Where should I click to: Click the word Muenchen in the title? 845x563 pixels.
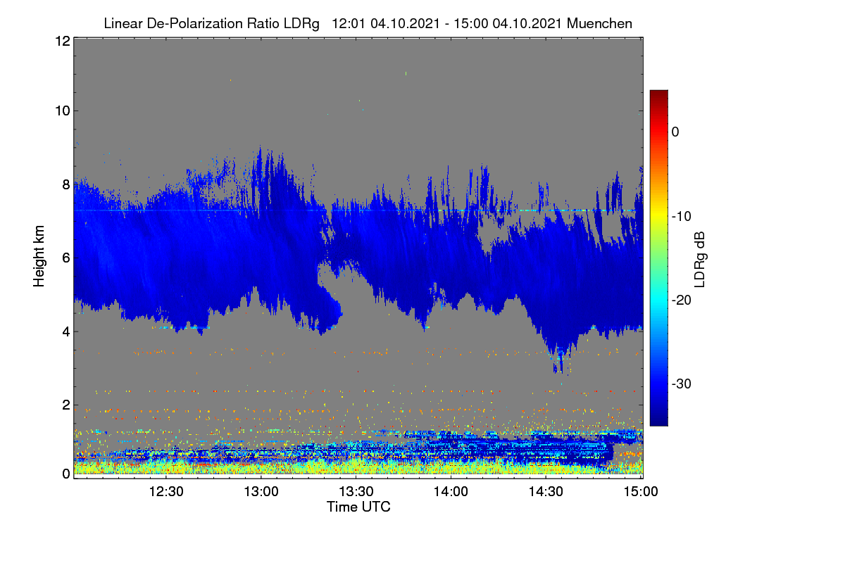[599, 23]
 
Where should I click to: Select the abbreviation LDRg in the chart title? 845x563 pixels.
[301, 24]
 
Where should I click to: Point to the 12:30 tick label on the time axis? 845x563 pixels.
[166, 491]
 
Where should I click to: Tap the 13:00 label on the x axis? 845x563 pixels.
[261, 491]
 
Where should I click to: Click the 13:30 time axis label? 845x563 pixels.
[356, 491]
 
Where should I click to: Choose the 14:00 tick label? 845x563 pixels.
[451, 491]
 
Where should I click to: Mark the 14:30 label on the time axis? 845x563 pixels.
[546, 491]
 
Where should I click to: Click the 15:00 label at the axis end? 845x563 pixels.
[641, 491]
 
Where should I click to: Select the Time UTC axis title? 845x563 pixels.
[358, 507]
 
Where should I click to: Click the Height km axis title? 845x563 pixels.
[39, 256]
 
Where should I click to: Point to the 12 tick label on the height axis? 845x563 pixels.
[63, 41]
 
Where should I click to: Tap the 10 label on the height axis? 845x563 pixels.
[63, 111]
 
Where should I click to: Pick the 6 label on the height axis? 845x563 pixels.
[66, 258]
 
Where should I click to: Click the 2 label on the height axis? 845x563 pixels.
[66, 405]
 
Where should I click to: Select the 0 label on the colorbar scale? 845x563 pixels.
[675, 132]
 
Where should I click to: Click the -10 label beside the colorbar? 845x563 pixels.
[682, 217]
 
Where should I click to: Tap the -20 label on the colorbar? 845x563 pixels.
[682, 301]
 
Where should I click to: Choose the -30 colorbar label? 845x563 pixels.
[682, 384]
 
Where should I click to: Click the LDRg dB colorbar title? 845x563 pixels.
[700, 260]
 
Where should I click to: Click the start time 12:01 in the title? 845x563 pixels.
[348, 23]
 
